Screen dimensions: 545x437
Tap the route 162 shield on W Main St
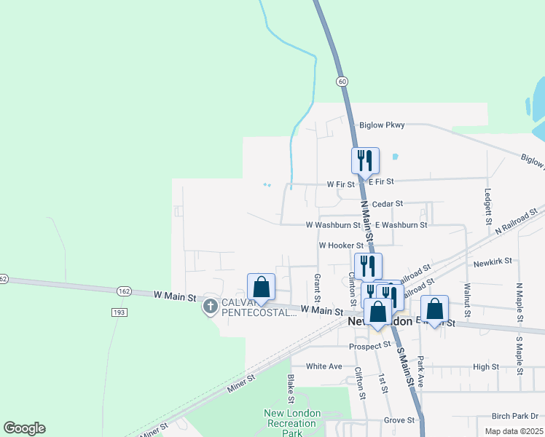point(122,291)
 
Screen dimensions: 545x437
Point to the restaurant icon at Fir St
point(365,160)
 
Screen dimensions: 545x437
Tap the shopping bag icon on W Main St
point(262,286)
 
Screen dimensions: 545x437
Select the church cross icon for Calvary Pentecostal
point(211,306)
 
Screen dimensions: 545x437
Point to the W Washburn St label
point(334,225)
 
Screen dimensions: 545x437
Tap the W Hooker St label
point(341,246)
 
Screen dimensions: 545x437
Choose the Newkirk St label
point(493,260)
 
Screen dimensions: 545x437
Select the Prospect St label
point(371,346)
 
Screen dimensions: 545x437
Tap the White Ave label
point(324,366)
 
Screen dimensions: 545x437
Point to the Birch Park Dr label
point(515,416)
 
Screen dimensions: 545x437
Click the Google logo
point(24,428)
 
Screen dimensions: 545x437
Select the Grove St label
point(399,420)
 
